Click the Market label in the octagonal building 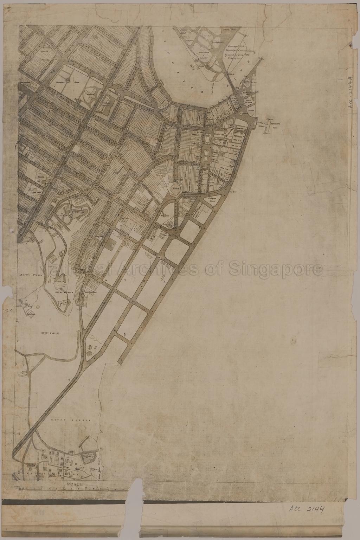[x=175, y=188]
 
